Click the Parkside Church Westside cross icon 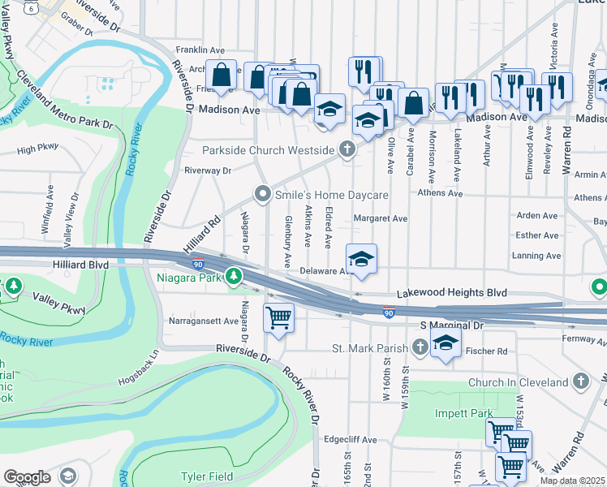tap(347, 150)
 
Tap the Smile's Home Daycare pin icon tap(261, 195)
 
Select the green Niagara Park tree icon tap(234, 278)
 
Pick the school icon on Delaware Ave tap(361, 260)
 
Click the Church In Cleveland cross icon tap(580, 381)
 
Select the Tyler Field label tap(206, 476)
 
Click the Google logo tap(27, 476)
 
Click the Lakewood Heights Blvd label tap(451, 293)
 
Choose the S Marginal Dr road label tap(451, 325)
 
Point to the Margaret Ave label tap(381, 218)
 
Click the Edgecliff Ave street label tap(350, 440)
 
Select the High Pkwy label tap(38, 149)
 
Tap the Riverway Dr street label tap(208, 170)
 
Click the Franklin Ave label tap(200, 50)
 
